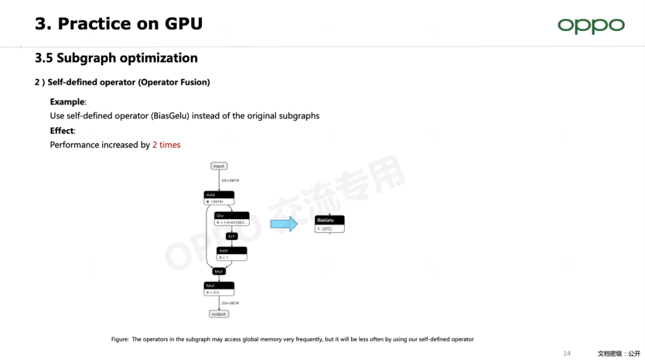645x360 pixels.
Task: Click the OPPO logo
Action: tap(591, 26)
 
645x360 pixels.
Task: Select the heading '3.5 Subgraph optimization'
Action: tap(116, 58)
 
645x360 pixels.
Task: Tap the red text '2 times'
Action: tap(166, 145)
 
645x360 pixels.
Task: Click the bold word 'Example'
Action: tap(67, 101)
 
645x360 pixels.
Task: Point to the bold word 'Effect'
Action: tap(62, 131)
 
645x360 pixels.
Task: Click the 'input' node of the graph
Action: tap(219, 166)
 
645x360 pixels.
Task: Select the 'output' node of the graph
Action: tap(219, 314)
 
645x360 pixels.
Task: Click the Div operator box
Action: tap(231, 219)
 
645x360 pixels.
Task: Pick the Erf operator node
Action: tap(232, 236)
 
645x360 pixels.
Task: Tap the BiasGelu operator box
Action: tap(330, 224)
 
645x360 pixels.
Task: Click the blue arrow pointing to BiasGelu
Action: tap(284, 224)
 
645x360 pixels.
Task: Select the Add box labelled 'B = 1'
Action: tap(232, 254)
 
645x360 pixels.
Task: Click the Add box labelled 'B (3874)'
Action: tap(219, 198)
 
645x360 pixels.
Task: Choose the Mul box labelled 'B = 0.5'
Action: tap(219, 289)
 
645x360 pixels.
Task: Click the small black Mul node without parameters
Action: tap(219, 271)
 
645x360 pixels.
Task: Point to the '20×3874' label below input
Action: tap(230, 180)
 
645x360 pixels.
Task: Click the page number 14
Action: tap(567, 353)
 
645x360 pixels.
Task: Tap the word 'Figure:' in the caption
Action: tap(119, 339)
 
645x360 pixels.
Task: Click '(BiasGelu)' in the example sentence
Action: tap(170, 116)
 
